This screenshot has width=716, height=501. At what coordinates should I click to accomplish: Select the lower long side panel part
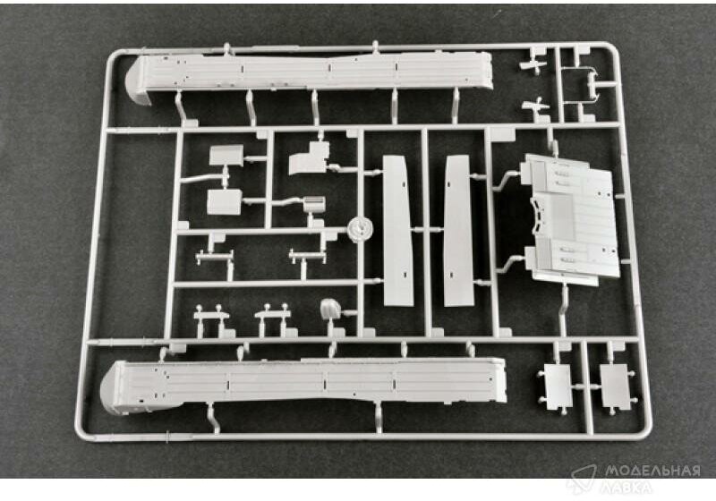coord(304,380)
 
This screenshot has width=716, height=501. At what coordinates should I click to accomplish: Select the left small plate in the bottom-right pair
coord(557,383)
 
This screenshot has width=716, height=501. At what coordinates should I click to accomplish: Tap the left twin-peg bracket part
coord(210,317)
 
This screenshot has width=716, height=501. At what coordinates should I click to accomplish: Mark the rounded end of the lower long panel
coord(116,389)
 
